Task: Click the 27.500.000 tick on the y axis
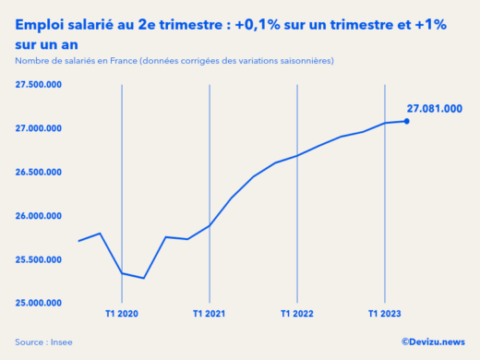coord(38,84)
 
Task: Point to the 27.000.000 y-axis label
coord(38,128)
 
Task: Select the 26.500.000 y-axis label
coord(38,172)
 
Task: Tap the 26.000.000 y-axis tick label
coord(38,216)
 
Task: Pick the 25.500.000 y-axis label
coord(38,259)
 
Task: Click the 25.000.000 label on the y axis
coord(38,303)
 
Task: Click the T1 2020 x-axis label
coord(122,315)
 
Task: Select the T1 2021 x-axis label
coord(210,315)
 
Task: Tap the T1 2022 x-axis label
coord(297,315)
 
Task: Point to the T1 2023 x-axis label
coord(385,315)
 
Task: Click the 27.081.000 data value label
coord(434,108)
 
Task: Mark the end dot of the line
coord(407,121)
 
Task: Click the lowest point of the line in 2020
coord(144,278)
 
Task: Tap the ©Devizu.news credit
coord(433,342)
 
